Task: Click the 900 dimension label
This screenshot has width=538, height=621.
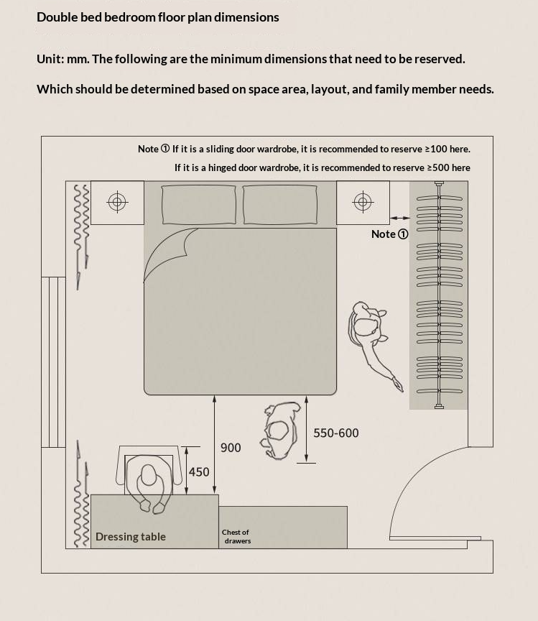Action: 231,448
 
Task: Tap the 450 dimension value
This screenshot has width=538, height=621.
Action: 199,472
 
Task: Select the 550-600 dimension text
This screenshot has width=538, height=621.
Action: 335,433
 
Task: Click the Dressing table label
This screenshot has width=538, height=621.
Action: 131,537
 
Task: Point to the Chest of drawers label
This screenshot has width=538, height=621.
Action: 236,536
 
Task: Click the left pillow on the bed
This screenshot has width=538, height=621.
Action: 198,205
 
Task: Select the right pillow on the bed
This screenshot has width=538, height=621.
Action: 279,205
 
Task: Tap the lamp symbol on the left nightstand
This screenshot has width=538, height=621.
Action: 117,202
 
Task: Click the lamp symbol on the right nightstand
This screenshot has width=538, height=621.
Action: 363,202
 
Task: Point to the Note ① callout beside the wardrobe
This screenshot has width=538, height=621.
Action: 389,234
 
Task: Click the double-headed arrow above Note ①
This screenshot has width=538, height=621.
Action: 400,218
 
